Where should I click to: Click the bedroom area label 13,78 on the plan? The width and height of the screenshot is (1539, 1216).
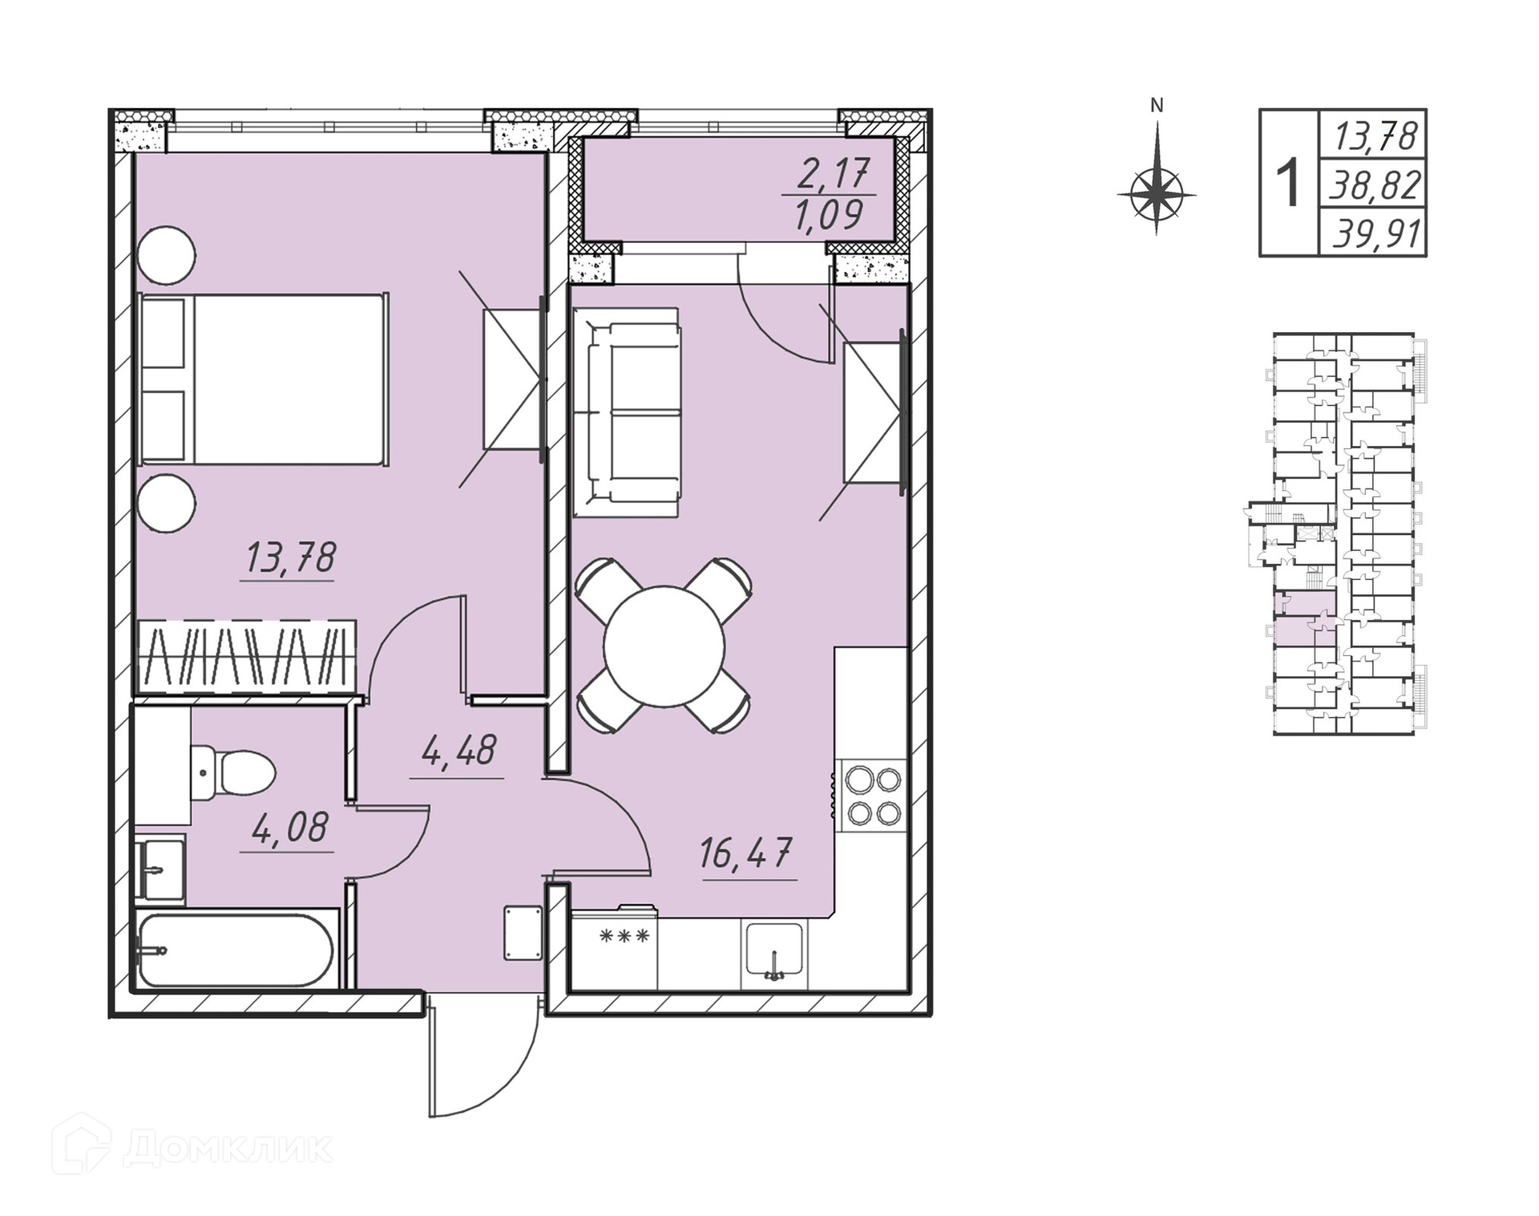click(x=290, y=558)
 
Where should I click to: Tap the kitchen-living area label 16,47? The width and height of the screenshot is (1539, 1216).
click(x=746, y=853)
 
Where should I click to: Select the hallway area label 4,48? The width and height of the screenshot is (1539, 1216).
click(x=458, y=751)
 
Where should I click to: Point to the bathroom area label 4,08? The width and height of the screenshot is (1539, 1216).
click(x=290, y=827)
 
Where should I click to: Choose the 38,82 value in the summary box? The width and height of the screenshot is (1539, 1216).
click(x=1376, y=185)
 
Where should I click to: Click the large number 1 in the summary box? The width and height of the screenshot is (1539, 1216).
click(x=1288, y=183)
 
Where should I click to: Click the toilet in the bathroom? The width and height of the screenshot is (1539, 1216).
click(x=232, y=773)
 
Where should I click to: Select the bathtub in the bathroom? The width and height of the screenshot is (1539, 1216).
click(x=236, y=951)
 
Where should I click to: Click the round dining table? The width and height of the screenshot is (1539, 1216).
click(x=664, y=647)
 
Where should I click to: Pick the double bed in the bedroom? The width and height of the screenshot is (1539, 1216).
click(x=264, y=379)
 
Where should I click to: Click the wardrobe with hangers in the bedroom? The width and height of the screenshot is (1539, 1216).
click(x=247, y=657)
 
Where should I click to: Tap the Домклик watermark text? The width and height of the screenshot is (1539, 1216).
click(x=228, y=1148)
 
